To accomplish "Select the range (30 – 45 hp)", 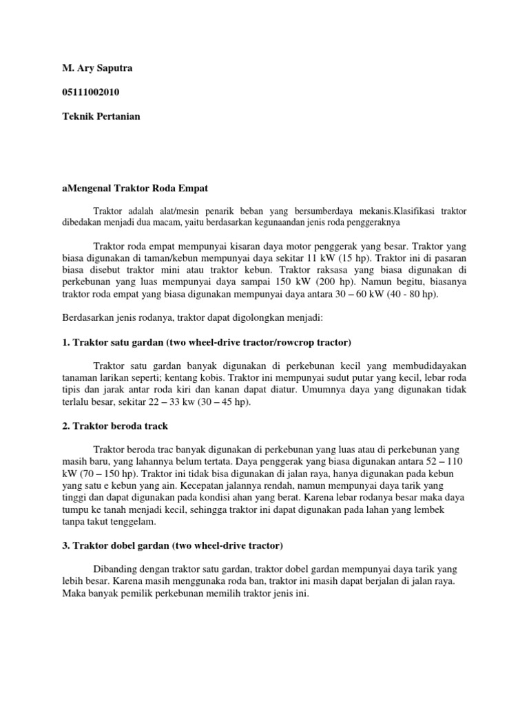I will tap(223, 403).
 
